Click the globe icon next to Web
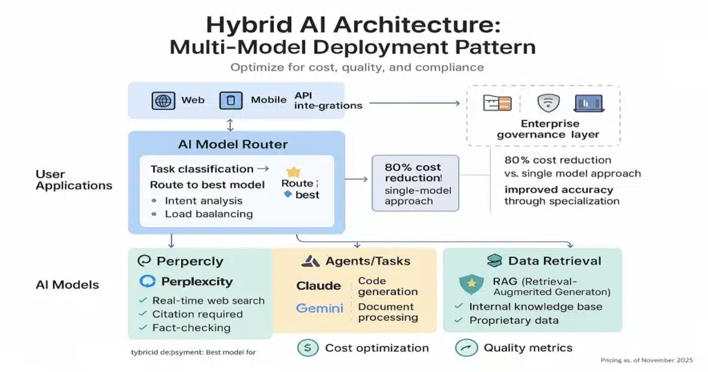[163, 101]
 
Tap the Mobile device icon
[231, 101]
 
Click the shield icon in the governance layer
[547, 103]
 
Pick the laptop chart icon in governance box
[588, 103]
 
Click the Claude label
[318, 286]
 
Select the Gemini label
[319, 308]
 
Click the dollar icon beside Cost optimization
[308, 348]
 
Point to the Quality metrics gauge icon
[467, 348]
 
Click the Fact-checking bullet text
[191, 328]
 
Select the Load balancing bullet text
[209, 214]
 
